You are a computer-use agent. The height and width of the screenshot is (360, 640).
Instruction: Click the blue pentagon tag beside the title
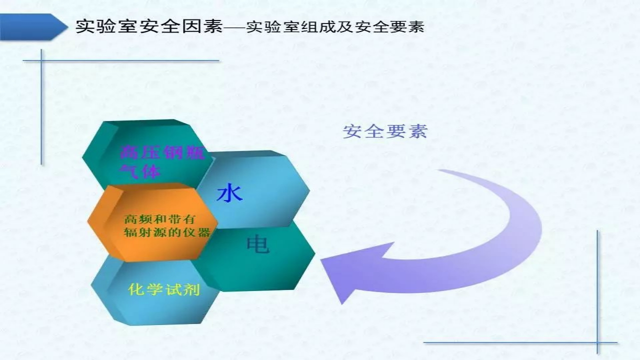pos(33,27)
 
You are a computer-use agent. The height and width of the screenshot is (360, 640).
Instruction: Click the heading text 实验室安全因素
pos(149,27)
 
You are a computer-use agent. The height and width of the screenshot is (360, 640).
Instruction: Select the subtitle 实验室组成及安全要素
pos(335,27)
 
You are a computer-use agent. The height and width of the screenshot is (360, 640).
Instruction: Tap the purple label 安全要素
pos(385,131)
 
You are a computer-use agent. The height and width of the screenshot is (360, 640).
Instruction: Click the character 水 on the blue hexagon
pos(229,193)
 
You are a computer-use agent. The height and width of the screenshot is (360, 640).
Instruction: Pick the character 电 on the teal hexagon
pos(257,244)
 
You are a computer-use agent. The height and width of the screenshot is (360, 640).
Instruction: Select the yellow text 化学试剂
pos(163,289)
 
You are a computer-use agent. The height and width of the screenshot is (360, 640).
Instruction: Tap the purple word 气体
pos(140,171)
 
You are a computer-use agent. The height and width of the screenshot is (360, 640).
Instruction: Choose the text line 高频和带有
pos(159,219)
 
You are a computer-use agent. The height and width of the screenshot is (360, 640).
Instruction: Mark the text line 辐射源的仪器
pos(167,232)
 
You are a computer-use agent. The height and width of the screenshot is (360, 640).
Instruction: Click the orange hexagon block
pos(152,222)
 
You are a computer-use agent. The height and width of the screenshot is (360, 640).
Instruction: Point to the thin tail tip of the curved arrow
pos(439,170)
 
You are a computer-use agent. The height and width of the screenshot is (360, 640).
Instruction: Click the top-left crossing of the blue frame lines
pos(42,60)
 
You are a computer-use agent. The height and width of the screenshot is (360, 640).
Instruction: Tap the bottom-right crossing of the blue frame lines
pos(597,342)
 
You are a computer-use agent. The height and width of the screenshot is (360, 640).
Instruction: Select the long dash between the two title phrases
pos(234,27)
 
